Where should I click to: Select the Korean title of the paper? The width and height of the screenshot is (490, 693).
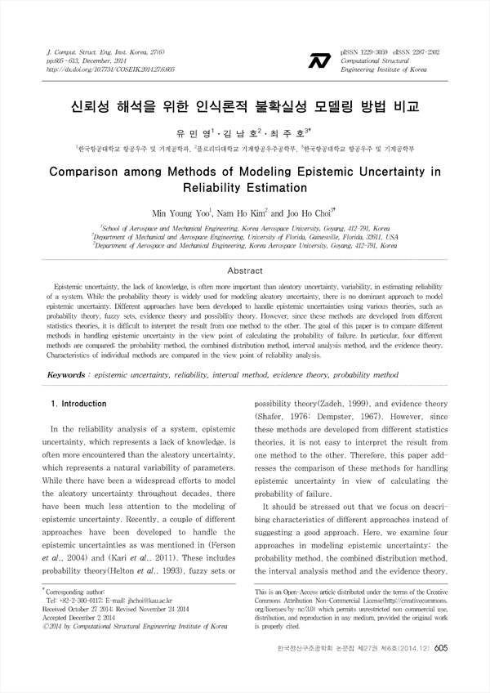coord(244,107)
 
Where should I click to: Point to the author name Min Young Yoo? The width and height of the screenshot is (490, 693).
coord(182,212)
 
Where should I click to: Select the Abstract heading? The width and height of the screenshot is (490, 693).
coord(244,270)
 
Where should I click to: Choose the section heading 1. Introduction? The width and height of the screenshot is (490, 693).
coord(78,404)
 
